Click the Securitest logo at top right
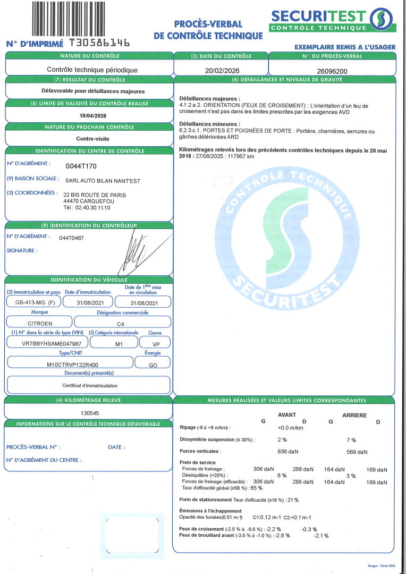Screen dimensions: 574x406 coord(332,20)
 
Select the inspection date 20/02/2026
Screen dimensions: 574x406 coord(221,70)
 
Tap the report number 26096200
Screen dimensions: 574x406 coord(332,70)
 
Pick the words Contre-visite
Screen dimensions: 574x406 coord(89,138)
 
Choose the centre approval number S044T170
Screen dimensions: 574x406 coord(81,166)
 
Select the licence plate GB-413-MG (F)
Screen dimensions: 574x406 coord(31,302)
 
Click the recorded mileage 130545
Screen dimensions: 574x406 coord(89,412)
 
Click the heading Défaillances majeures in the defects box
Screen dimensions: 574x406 coord(209,99)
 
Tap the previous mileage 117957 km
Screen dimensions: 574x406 coord(240,157)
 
